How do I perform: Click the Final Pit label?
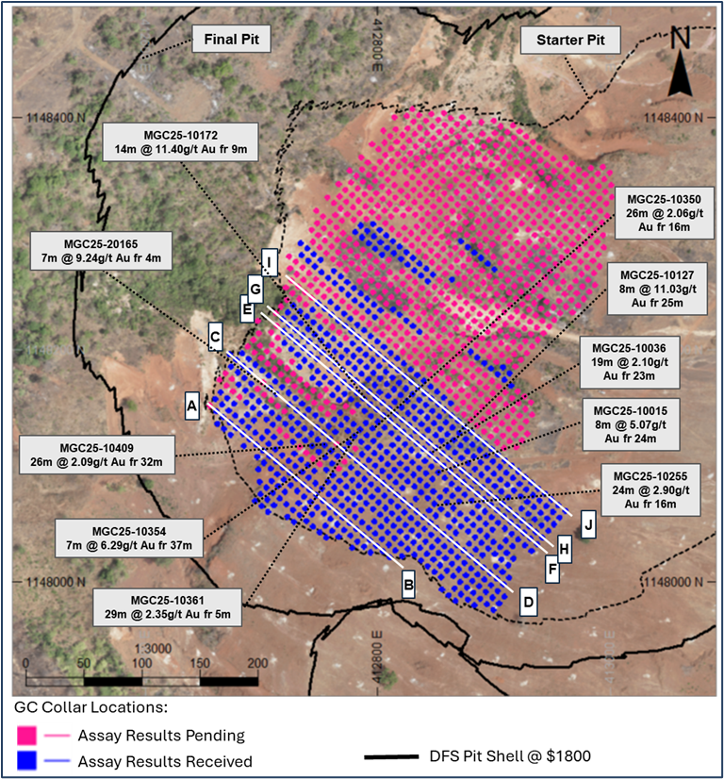point(232,39)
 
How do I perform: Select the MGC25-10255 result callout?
point(650,489)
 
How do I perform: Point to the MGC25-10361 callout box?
point(169,607)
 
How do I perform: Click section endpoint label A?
point(192,406)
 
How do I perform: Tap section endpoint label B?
point(408,585)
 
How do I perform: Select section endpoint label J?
point(588,523)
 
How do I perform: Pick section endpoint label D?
point(528,602)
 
